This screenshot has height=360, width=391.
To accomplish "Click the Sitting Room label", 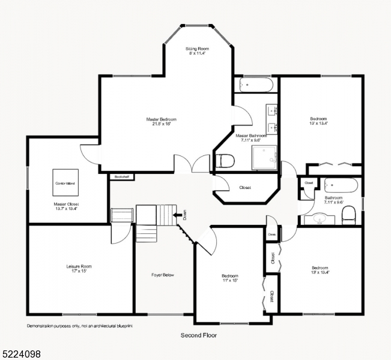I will point(196,48).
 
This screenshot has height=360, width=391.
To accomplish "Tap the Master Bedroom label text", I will point(162,119).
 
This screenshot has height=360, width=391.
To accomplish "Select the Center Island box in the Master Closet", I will point(65,182).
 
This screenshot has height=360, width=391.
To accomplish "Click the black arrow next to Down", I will point(177,214).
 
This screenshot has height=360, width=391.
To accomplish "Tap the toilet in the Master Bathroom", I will point(225,161).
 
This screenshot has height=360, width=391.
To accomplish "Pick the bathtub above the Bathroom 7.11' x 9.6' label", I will point(341,185).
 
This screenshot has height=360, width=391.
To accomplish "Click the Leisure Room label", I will point(79,266).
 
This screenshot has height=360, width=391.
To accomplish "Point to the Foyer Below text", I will point(162,275).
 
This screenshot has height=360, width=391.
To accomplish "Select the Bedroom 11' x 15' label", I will point(230,278).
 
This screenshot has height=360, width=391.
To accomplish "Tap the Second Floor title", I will point(199,335).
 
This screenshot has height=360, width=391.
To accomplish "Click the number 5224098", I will point(21,354).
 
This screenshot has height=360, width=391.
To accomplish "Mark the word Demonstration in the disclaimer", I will point(42,325).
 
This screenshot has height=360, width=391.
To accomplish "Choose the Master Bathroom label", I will point(251,136).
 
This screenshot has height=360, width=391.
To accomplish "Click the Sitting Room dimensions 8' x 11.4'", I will point(196,53).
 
